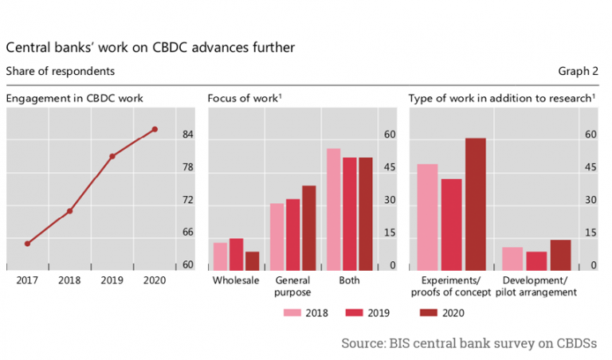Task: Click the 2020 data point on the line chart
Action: point(155,129)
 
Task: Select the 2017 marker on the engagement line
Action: point(27,244)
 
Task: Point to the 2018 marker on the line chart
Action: point(70,211)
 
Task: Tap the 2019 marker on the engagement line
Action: point(112,156)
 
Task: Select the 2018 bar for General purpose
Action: point(277,237)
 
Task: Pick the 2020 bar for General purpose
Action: point(308,229)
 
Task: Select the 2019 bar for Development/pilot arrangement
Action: point(537,262)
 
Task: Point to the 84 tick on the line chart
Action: point(187,135)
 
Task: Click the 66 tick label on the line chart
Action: point(187,233)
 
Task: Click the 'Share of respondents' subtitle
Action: point(61,72)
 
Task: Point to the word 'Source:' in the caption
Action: point(364,342)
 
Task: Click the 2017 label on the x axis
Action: point(27,281)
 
